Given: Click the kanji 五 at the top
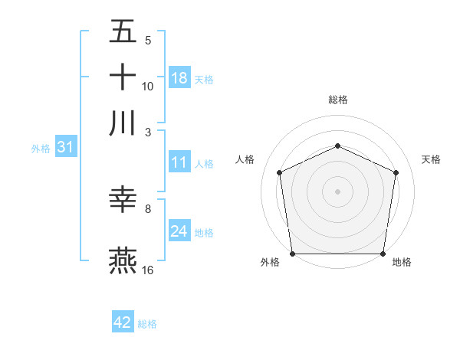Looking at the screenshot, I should tap(123, 32).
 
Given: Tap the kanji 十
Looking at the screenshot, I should tap(123, 77).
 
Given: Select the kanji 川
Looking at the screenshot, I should tap(123, 123).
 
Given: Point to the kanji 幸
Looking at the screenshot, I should tap(123, 200).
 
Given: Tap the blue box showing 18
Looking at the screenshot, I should tap(179, 78).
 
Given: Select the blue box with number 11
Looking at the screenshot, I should tap(179, 162).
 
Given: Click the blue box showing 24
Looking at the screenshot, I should tap(179, 231).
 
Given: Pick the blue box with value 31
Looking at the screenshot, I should tap(65, 148).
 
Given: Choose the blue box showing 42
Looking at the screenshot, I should tap(123, 322).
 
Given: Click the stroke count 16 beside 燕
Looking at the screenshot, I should tap(149, 270).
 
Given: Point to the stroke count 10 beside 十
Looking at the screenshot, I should tap(148, 87).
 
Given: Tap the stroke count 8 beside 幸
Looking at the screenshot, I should tap(148, 208).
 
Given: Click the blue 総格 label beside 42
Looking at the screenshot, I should tap(147, 324).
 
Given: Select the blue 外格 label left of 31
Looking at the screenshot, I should tap(41, 149).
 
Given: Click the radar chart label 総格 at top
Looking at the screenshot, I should tap(337, 100).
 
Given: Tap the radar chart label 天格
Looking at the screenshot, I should tap(431, 159).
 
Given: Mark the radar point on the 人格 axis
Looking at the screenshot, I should tap(280, 172).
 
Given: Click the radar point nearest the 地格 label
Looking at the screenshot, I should tap(383, 254).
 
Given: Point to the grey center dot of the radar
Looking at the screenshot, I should tap(337, 191).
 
